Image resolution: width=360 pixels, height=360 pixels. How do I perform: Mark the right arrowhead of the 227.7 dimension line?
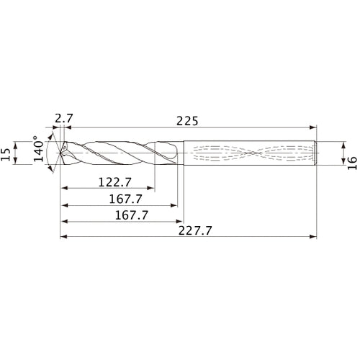(315, 235)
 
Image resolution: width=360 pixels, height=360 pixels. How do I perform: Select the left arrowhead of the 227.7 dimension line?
(63, 235)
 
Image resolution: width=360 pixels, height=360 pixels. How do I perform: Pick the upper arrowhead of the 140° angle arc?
(50, 135)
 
